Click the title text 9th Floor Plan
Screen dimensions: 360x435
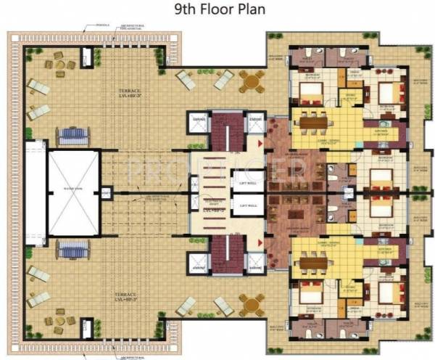coord(217,10)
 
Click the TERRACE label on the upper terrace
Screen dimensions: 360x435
coord(133,92)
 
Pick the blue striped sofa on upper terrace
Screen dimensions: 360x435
coord(72,134)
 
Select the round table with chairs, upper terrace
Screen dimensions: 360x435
coord(251,83)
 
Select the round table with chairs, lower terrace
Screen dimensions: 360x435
coord(251,302)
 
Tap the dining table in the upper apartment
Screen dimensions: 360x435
coord(312,123)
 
